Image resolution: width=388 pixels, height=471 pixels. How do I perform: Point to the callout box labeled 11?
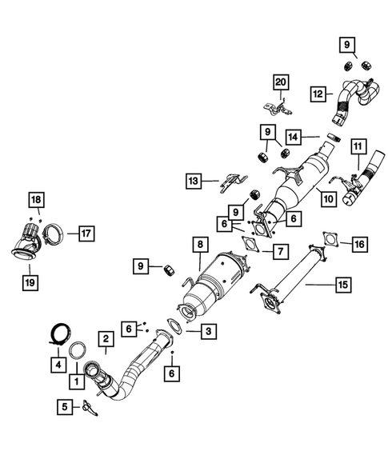coord(358,146)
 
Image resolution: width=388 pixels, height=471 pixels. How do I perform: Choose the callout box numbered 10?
coord(328,197)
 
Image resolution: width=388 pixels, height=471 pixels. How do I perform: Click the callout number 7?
coord(279,252)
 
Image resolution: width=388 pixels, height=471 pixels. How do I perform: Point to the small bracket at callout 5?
coord(90,408)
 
